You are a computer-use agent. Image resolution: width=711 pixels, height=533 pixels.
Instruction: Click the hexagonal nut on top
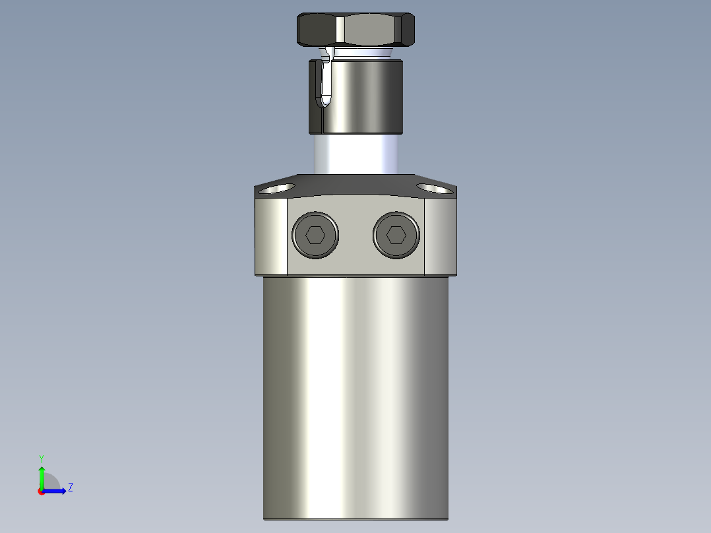point(356,29)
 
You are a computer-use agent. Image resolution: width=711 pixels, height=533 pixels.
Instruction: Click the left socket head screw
point(317,235)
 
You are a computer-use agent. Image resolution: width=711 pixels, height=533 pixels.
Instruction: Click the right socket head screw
point(396,235)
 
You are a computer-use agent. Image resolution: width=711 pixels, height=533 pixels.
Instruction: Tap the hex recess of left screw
point(317,235)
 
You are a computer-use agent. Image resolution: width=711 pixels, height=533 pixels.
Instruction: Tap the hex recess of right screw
point(396,235)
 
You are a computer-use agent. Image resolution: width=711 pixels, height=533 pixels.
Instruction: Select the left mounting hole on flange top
point(276,189)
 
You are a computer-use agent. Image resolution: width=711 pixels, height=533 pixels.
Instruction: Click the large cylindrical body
point(356,396)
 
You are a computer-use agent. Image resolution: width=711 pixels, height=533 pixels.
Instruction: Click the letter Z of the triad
point(70,487)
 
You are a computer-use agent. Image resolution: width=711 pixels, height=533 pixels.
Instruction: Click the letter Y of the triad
point(41,458)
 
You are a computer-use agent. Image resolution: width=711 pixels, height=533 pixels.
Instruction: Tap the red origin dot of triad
point(42,491)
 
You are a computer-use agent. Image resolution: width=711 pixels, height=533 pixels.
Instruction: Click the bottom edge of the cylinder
point(356,518)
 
